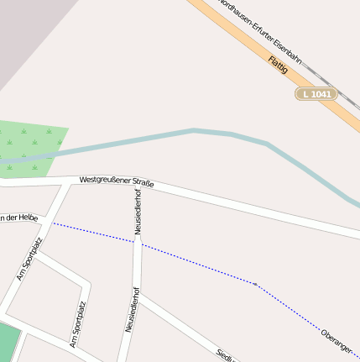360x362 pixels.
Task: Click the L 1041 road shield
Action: point(316,94)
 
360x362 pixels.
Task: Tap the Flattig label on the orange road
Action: point(279,65)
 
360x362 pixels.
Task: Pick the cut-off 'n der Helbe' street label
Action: point(18,218)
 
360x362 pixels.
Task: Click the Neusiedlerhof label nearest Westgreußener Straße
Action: point(138,211)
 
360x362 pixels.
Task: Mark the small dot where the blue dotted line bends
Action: point(255,284)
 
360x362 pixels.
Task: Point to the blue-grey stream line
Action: point(193,130)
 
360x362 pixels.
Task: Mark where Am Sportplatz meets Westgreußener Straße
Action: point(65,182)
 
